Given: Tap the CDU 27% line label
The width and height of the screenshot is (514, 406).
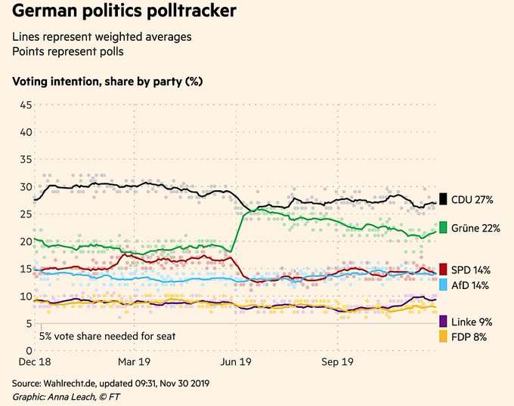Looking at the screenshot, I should pos(472,200).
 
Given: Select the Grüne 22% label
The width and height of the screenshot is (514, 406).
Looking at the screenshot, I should pos(475,228).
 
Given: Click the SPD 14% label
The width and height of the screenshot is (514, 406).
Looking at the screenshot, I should pos(470,269).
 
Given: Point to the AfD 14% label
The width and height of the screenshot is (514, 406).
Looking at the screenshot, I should pos(469,285).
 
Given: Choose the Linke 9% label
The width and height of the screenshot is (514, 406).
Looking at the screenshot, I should pos(472,321).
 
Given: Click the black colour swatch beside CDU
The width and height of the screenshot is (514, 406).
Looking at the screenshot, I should pos(444,200).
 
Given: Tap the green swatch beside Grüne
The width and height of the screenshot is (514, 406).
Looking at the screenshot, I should pos(444,228).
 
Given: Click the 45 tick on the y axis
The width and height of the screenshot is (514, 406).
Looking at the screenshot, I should pos(26,105).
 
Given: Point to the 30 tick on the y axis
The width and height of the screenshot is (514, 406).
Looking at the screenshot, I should pos(26,187).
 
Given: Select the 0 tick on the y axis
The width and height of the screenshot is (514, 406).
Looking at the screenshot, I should pos(29,351).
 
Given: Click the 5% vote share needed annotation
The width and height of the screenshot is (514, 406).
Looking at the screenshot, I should pos(107,335).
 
